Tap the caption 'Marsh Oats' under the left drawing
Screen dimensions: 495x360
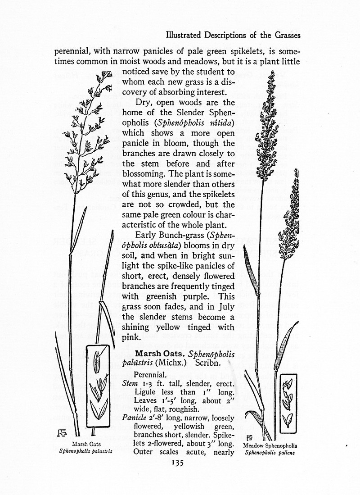85,444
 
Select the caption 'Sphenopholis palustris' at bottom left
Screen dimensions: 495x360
85,450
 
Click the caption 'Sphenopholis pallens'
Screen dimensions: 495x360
270,453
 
